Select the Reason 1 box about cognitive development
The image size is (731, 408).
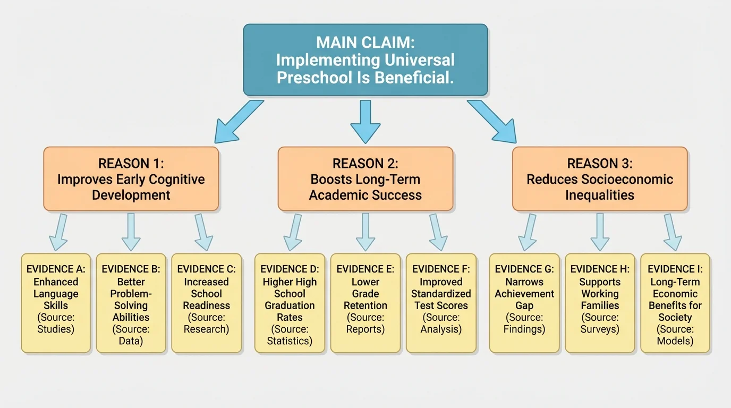(131, 179)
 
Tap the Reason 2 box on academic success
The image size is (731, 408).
(365, 179)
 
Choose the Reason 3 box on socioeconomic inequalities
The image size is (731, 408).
(600, 179)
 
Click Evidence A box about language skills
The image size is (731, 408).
(56, 303)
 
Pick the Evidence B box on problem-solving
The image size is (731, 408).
(131, 303)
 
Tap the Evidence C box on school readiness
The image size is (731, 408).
(206, 303)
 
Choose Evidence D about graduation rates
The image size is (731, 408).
(290, 303)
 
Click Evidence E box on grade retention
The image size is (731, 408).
(365, 303)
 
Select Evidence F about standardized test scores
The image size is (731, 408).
(441, 303)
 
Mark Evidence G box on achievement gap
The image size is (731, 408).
(524, 303)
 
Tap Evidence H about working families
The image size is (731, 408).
(600, 303)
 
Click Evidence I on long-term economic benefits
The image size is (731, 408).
(675, 303)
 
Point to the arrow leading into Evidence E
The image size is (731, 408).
(365, 232)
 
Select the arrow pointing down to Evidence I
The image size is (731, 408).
(671, 232)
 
